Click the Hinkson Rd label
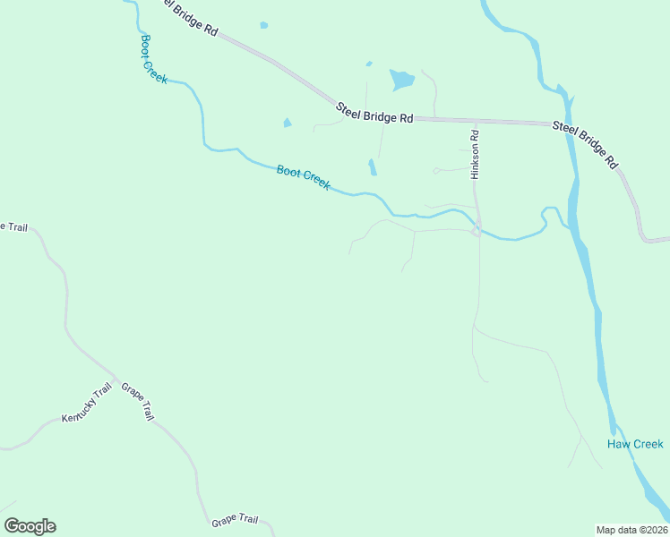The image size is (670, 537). coord(476,155)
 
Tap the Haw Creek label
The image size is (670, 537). coord(635,444)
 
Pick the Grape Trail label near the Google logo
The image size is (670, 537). coord(235,520)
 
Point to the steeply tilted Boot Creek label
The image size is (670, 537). coord(154,60)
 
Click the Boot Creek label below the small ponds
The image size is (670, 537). coord(303,177)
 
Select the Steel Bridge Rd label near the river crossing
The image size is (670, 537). coord(586,144)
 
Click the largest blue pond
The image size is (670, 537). coord(401,81)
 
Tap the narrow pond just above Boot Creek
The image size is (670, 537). coord(372,167)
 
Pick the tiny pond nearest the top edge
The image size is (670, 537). coord(263,25)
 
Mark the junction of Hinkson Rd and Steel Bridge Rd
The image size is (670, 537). coord(475,120)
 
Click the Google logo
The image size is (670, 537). coord(30,526)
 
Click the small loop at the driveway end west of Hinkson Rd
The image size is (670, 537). coord(436,170)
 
